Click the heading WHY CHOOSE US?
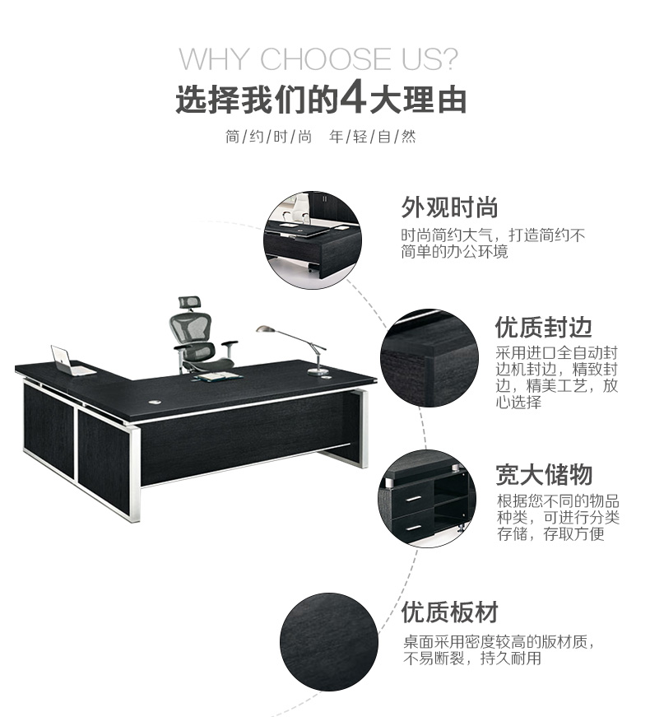pos(318,58)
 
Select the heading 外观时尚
pos(449,207)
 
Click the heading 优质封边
pos(544,327)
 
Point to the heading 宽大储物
pos(544,474)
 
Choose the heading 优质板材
pos(450,612)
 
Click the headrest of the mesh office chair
pos(189,302)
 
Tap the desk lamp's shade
pos(266,329)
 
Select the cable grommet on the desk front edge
pos(155,403)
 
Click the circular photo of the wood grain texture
pos(329,642)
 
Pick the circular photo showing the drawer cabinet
pos(427,498)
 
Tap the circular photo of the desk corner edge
pos(429,358)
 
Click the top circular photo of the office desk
pos(313,240)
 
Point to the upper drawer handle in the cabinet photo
pos(413,498)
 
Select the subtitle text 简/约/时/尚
pos(268,137)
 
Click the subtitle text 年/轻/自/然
pos(373,137)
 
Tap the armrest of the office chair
pos(229,343)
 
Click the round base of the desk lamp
pos(318,372)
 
